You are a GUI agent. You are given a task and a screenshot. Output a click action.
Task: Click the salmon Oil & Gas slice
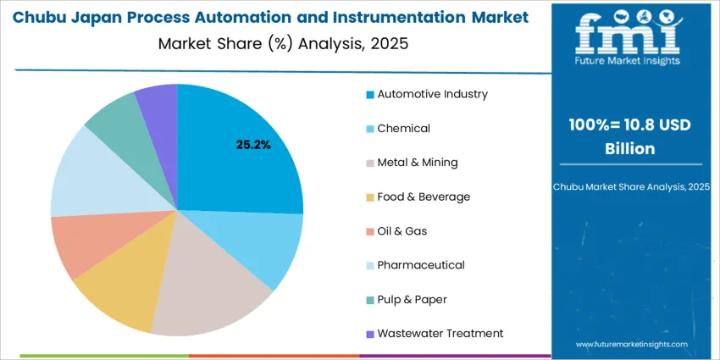click(x=80, y=246)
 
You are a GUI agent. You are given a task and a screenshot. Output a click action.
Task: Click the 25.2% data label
click(x=253, y=145)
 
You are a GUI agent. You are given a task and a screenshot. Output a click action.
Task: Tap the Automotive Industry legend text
click(x=432, y=94)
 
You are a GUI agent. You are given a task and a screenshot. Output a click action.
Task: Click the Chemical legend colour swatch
click(x=369, y=129)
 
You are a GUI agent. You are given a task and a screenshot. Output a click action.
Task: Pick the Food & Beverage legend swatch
click(x=369, y=197)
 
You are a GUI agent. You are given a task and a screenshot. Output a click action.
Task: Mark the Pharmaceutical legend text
click(x=421, y=265)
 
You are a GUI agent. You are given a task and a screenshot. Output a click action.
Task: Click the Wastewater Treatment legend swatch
click(x=369, y=334)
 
